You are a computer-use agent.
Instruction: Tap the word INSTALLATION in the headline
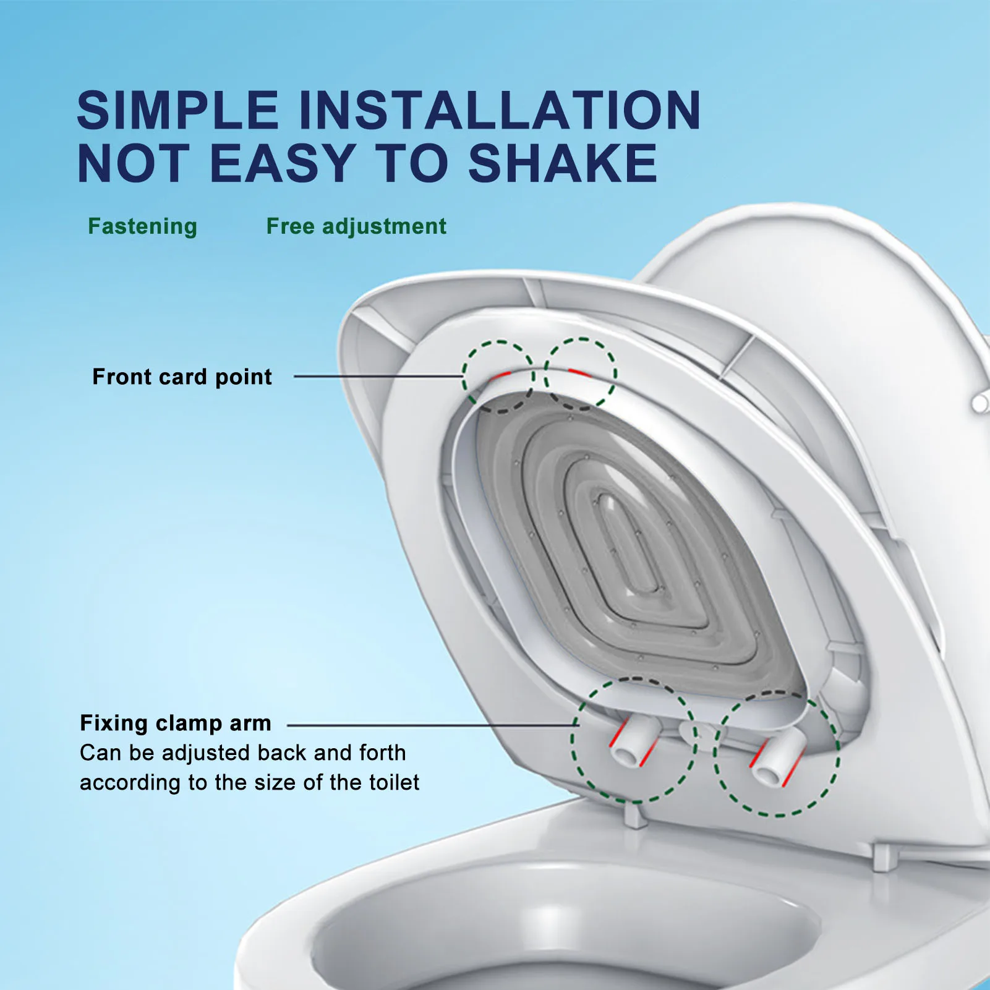[500, 110]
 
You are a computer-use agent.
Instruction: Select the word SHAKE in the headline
[563, 163]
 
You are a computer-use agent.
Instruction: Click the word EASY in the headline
[283, 163]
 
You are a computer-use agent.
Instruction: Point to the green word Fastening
[142, 226]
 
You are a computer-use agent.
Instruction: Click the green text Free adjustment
[356, 226]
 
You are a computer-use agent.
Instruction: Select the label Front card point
[182, 377]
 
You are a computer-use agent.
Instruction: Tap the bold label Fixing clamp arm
[176, 723]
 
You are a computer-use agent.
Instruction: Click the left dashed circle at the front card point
[498, 376]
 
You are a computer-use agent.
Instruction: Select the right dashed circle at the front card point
[580, 373]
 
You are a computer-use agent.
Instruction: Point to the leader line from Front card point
[377, 376]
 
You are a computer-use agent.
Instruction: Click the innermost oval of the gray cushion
[628, 544]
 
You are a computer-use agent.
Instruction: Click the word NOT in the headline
[133, 163]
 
